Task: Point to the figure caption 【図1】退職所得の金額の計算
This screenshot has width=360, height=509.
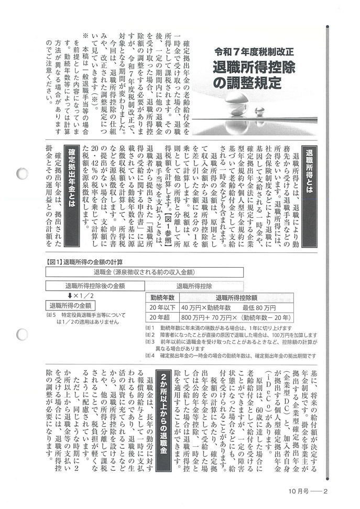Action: pyautogui.click(x=84, y=262)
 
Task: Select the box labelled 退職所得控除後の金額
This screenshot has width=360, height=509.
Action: pyautogui.click(x=95, y=286)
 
